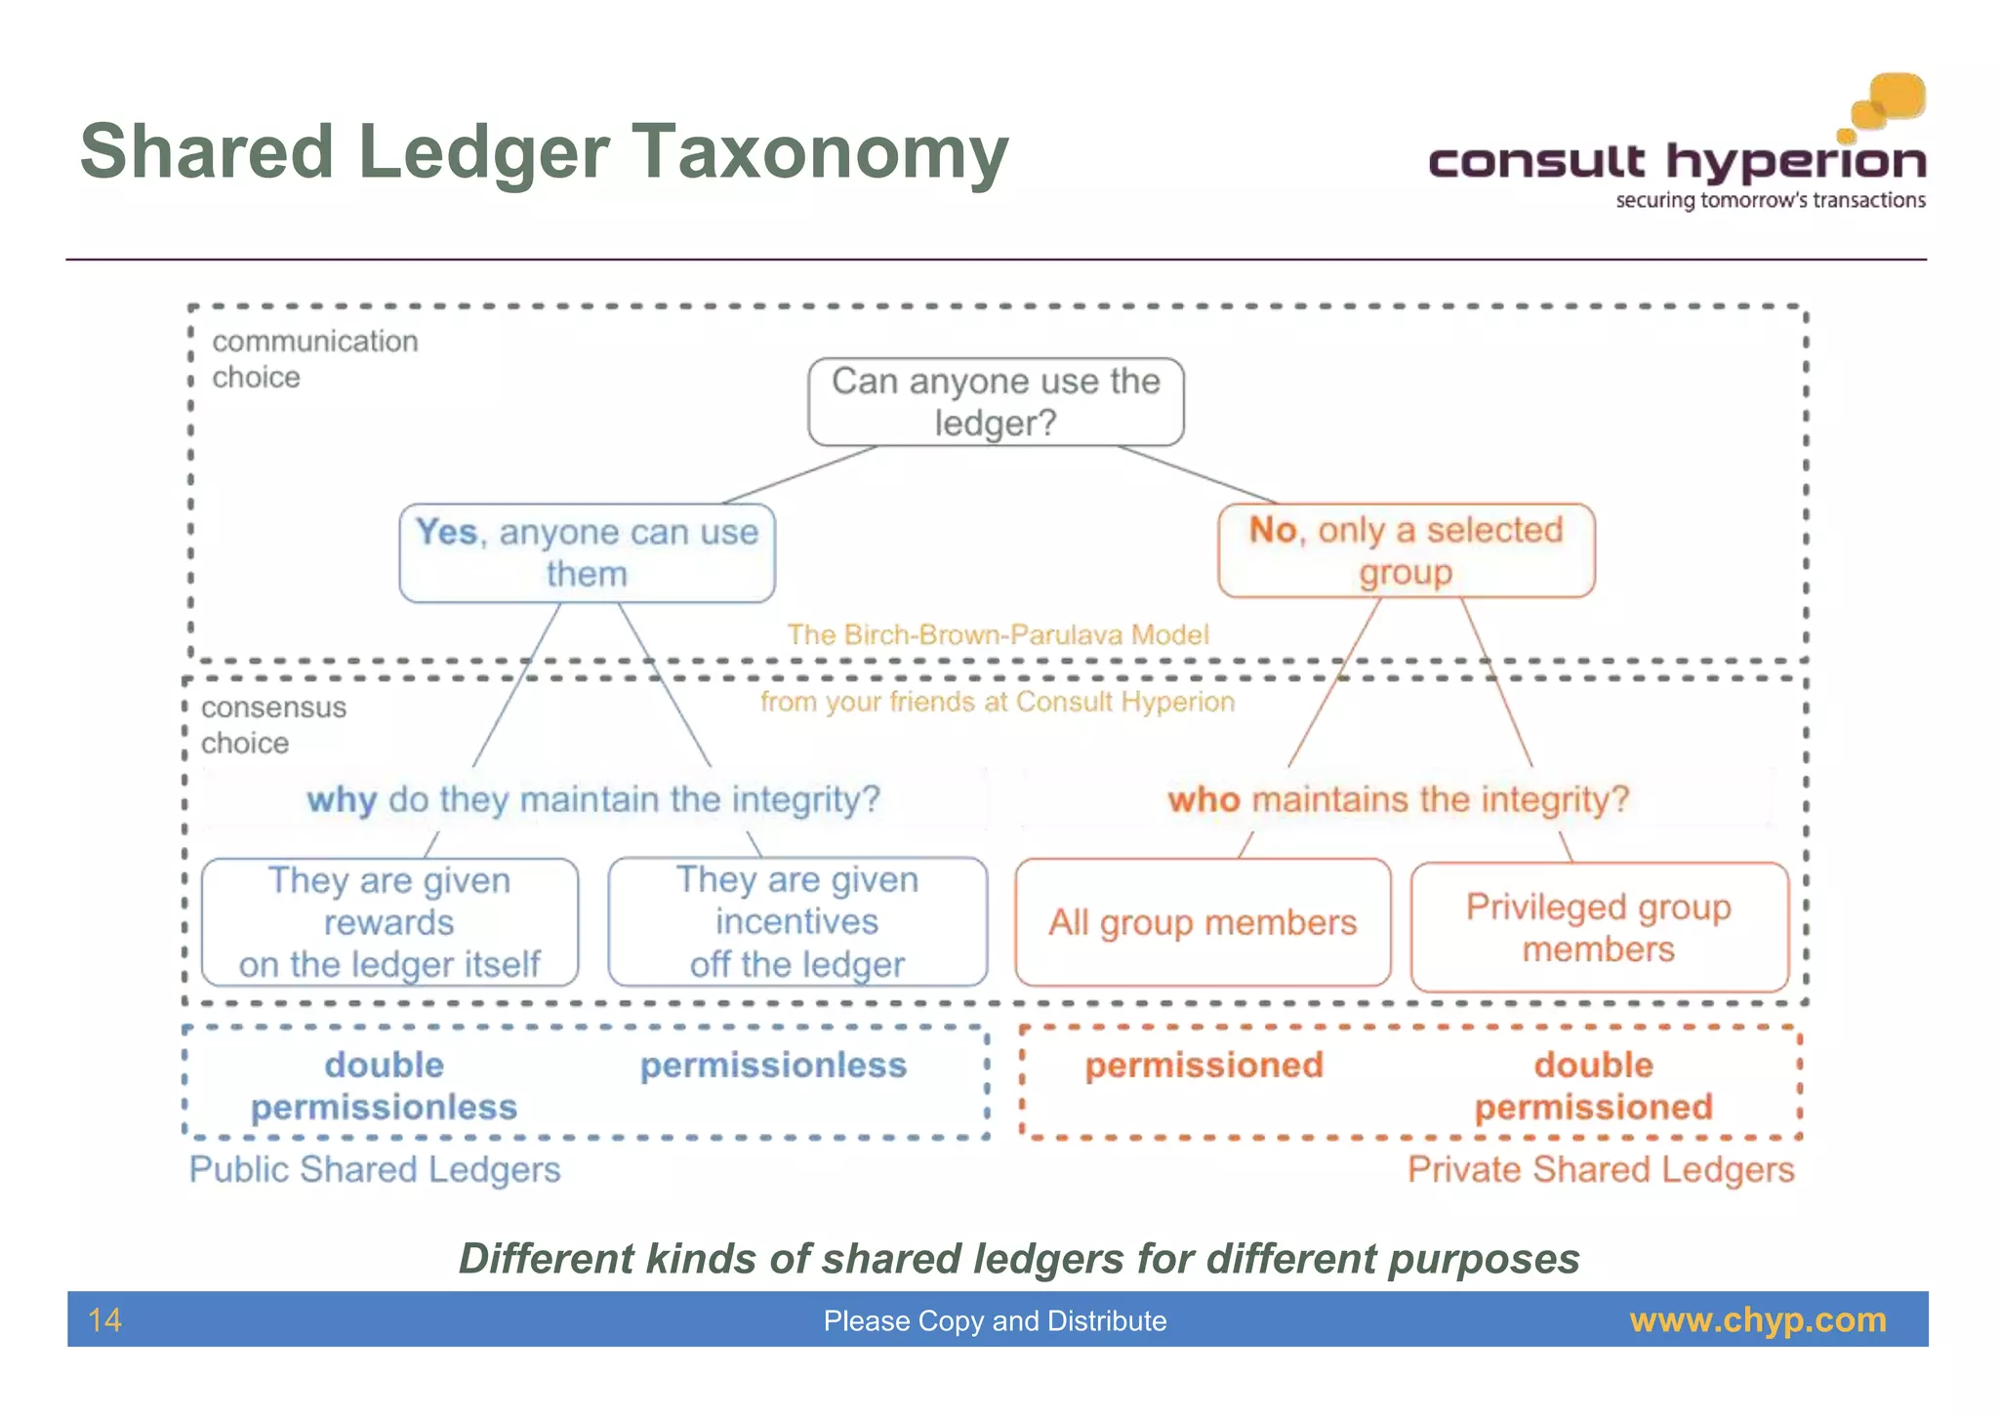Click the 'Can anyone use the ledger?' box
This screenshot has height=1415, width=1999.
pyautogui.click(x=996, y=402)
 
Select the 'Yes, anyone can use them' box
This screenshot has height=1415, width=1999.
pyautogui.click(x=587, y=552)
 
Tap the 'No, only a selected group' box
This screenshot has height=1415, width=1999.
pyautogui.click(x=1406, y=550)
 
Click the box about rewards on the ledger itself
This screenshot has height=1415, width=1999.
pyautogui.click(x=389, y=922)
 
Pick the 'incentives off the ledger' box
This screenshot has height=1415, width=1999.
pyautogui.click(x=797, y=922)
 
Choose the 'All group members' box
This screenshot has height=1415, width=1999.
pyautogui.click(x=1203, y=922)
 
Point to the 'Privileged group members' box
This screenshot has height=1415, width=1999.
pyautogui.click(x=1599, y=927)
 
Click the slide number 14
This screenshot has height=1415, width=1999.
pyautogui.click(x=104, y=1320)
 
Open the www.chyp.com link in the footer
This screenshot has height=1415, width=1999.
pyautogui.click(x=1758, y=1320)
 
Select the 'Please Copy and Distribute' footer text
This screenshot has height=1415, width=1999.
pyautogui.click(x=995, y=1321)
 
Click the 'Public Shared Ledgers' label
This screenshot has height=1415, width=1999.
pyautogui.click(x=375, y=1169)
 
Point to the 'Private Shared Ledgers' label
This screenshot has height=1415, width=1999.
pyautogui.click(x=1601, y=1169)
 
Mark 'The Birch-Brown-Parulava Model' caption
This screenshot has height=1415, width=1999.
pyautogui.click(x=998, y=635)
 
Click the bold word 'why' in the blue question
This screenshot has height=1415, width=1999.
pyautogui.click(x=342, y=800)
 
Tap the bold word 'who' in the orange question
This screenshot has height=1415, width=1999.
pyautogui.click(x=1203, y=800)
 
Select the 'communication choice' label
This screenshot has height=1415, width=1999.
pyautogui.click(x=314, y=359)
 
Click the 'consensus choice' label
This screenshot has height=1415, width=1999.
pyautogui.click(x=273, y=725)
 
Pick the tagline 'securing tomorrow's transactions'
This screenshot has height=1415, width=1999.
pyautogui.click(x=1771, y=201)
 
